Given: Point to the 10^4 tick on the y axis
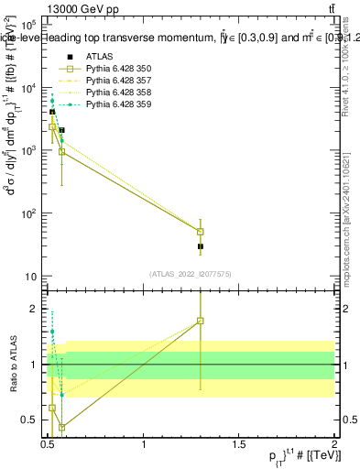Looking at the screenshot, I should click(x=27, y=88).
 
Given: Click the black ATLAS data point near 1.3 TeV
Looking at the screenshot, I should click(x=201, y=246).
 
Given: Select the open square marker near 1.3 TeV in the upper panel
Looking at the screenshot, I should click(x=201, y=232).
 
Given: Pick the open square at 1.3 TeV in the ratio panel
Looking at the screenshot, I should click(x=201, y=321).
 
